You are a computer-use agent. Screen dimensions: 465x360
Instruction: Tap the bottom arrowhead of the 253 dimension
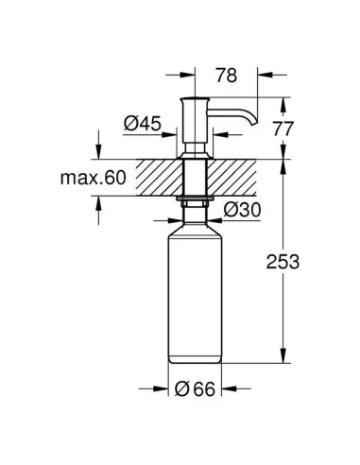pyautogui.click(x=283, y=358)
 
